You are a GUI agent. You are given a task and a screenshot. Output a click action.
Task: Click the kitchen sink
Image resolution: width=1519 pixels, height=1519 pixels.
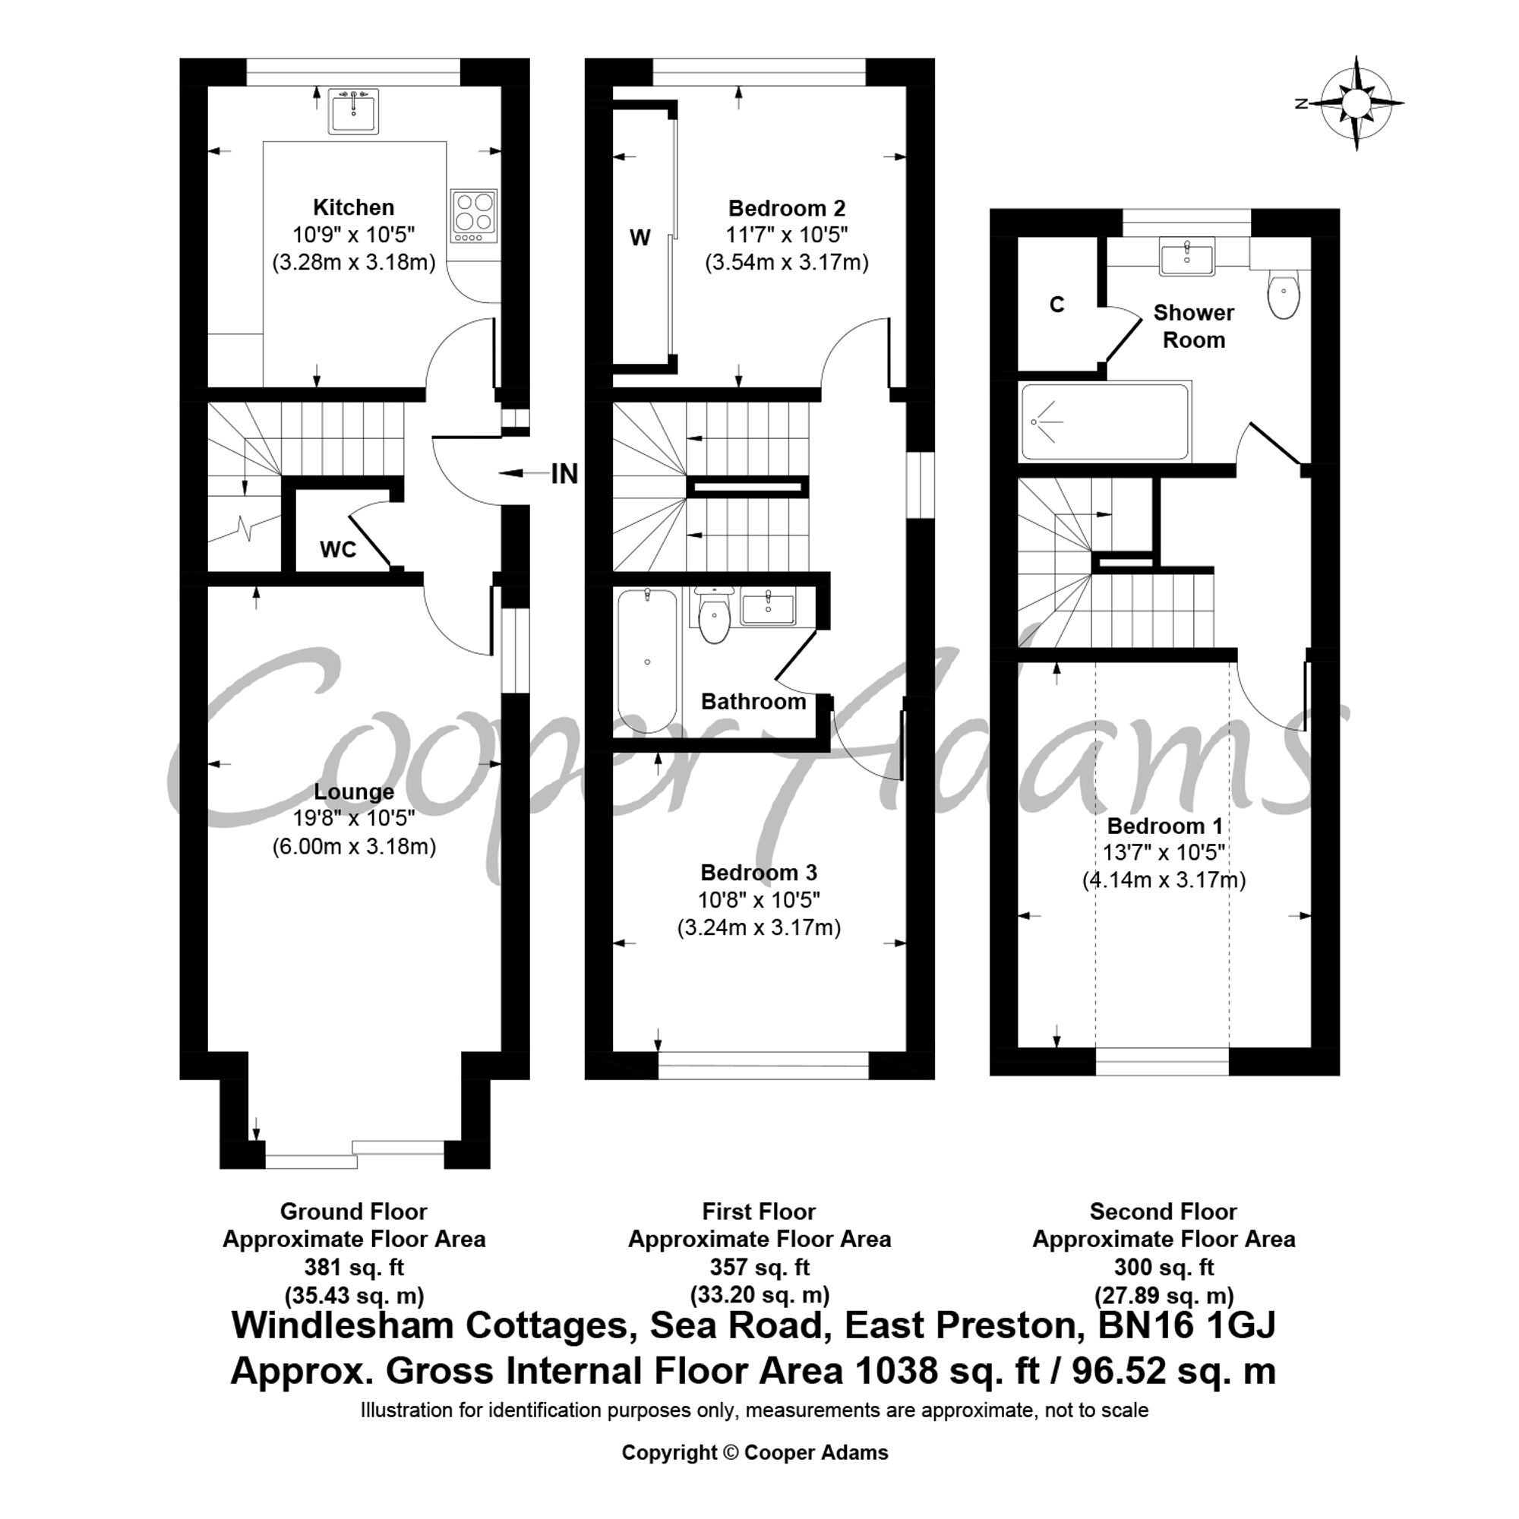[354, 111]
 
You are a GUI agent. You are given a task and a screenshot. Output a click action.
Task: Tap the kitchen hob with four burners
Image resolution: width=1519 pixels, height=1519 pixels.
[474, 216]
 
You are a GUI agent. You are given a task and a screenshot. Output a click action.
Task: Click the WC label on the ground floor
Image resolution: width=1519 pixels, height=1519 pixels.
[338, 550]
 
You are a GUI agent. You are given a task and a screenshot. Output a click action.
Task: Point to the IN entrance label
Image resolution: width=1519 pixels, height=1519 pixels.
[564, 474]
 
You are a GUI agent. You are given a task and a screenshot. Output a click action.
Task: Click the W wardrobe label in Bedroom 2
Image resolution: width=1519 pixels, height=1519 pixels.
[641, 238]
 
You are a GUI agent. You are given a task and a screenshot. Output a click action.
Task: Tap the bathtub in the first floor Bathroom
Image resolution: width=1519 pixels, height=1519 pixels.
[647, 662]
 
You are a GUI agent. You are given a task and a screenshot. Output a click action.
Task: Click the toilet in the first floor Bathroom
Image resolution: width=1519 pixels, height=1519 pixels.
[715, 616]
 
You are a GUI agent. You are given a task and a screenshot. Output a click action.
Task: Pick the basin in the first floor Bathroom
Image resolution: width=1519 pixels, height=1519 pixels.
[767, 607]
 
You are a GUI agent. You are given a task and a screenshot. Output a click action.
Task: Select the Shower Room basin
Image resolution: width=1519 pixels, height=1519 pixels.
[1187, 256]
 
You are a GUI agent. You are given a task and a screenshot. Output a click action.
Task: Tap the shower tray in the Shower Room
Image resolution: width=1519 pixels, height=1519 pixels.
[1104, 422]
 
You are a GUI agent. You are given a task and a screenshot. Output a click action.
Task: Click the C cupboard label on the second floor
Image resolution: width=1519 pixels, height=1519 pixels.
[1057, 305]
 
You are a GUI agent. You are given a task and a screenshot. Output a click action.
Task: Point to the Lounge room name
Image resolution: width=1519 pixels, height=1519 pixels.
[354, 791]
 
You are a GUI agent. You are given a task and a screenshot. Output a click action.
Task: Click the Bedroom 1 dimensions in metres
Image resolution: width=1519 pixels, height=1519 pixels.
[1164, 880]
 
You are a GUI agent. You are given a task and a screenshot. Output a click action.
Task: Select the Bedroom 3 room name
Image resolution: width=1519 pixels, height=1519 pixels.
[759, 873]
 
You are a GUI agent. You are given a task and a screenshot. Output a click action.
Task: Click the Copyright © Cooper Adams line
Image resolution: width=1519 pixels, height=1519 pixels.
[755, 1453]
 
